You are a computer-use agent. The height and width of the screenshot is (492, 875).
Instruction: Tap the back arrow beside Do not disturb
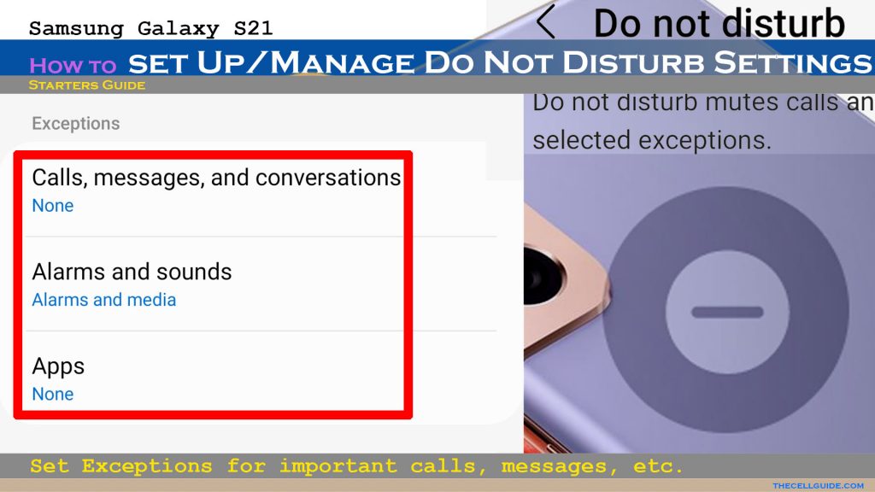coord(545,23)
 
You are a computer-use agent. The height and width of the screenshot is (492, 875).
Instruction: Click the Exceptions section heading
coord(76,123)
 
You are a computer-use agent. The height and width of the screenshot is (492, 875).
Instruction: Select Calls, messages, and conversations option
coord(216,178)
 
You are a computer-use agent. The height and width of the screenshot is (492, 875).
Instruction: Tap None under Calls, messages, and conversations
coord(52,205)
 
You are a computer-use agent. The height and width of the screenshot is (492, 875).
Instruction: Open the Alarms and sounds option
coord(132,272)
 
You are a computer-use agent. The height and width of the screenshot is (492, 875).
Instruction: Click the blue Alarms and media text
coord(103,300)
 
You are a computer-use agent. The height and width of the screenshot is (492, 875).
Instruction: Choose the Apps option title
coord(58,366)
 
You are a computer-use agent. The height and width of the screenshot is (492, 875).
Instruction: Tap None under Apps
coord(52,394)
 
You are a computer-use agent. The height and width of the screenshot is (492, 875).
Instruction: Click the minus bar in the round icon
coord(727,312)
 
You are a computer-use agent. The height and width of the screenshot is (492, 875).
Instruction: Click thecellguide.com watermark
coord(818,486)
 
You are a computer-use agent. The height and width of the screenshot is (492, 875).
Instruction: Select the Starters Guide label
coord(87,85)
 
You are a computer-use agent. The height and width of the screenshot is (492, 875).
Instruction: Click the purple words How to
coord(73,66)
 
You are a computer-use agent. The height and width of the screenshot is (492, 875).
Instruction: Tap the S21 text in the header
coord(253,28)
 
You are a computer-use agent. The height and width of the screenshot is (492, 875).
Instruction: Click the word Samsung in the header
coord(76,29)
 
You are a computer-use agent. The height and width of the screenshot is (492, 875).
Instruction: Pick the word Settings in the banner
coord(792,61)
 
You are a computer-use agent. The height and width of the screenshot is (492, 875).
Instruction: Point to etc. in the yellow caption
coord(658,466)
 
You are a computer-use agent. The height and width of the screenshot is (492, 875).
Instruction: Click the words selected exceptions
coord(652,140)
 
